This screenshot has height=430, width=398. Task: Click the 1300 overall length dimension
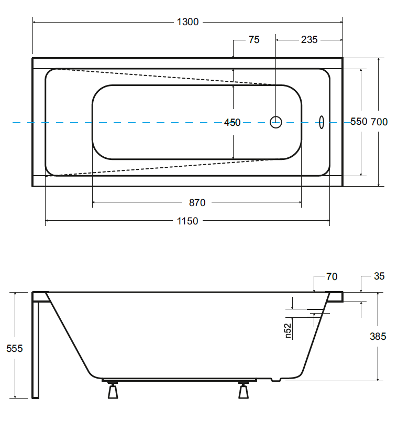click(187, 22)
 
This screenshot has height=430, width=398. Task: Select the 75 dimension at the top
click(254, 40)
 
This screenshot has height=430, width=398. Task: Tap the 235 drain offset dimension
click(309, 40)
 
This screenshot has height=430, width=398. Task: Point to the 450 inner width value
click(232, 122)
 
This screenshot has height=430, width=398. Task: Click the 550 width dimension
click(359, 122)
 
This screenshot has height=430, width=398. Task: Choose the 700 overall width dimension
click(379, 122)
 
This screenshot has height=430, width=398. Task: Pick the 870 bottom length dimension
click(197, 203)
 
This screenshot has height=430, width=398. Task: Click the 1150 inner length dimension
click(187, 221)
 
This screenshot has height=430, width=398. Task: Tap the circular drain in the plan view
click(276, 122)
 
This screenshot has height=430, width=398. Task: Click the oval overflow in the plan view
click(322, 122)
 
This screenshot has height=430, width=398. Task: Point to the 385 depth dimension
click(378, 336)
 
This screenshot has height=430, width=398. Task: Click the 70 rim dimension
click(331, 277)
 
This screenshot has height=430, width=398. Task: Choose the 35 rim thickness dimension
click(380, 276)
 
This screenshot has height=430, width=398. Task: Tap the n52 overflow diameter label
click(288, 330)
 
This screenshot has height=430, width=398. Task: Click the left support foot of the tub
click(113, 391)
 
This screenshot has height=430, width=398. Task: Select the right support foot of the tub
click(243, 391)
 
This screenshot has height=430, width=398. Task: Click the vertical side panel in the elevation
click(36, 349)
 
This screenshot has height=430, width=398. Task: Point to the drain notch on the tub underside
click(277, 379)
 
